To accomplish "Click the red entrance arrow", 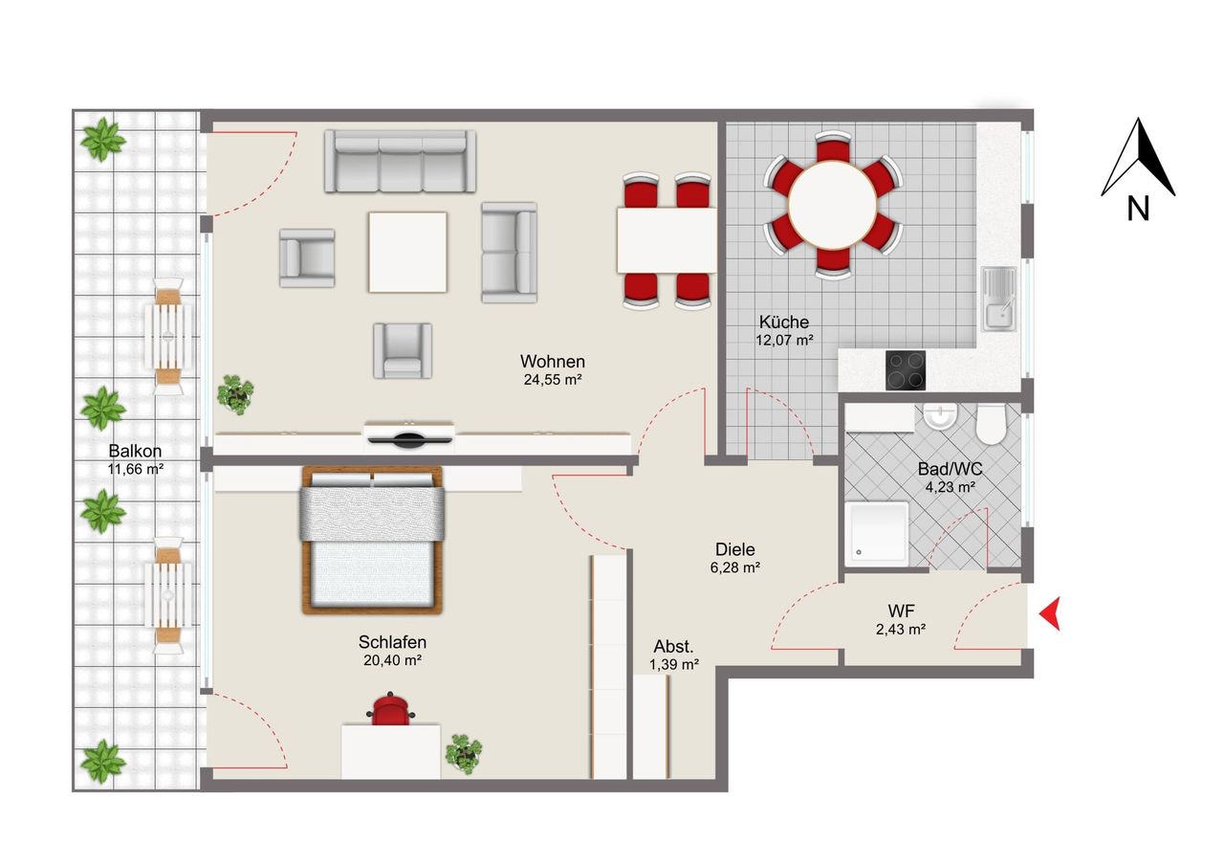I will [1051, 613].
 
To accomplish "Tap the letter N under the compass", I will [1138, 209].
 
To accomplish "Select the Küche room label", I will [784, 322].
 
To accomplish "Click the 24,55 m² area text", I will [552, 380].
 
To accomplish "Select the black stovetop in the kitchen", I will [906, 370].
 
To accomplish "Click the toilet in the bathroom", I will [992, 424].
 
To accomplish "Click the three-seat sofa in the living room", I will [400, 161].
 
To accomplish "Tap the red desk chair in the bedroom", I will [390, 711].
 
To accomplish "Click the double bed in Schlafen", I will [373, 541].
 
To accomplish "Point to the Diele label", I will [735, 550].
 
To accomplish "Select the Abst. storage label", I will [674, 646].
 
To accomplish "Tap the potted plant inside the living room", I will [235, 393].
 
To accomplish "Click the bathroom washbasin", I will [941, 416].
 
